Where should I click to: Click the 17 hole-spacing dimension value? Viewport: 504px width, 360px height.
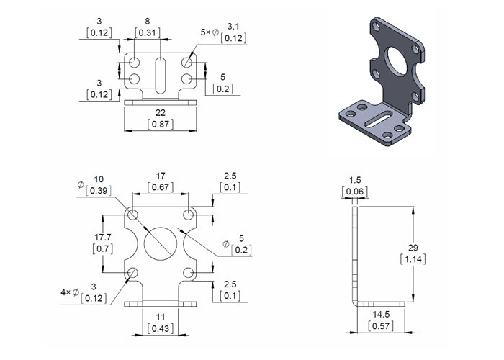pyautogui.click(x=161, y=176)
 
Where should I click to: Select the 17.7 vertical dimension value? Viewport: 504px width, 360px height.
pyautogui.click(x=103, y=237)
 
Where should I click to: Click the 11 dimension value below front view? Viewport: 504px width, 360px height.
pyautogui.click(x=159, y=317)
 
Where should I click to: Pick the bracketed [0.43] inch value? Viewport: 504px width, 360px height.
pyautogui.click(x=159, y=328)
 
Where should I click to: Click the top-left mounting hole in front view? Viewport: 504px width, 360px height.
pyautogui.click(x=133, y=215)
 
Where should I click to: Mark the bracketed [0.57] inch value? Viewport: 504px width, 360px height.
pyautogui.click(x=382, y=326)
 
